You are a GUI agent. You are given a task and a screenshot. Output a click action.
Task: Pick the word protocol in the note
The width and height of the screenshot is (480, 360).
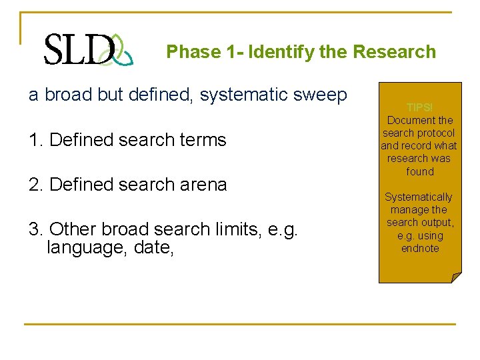(437, 133)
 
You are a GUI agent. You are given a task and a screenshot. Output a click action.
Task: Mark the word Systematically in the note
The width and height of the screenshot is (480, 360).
(419, 197)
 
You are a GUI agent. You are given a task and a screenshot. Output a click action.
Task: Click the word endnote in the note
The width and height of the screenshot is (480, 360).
(420, 249)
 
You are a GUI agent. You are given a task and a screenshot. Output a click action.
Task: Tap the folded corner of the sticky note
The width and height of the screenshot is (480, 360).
(455, 277)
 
